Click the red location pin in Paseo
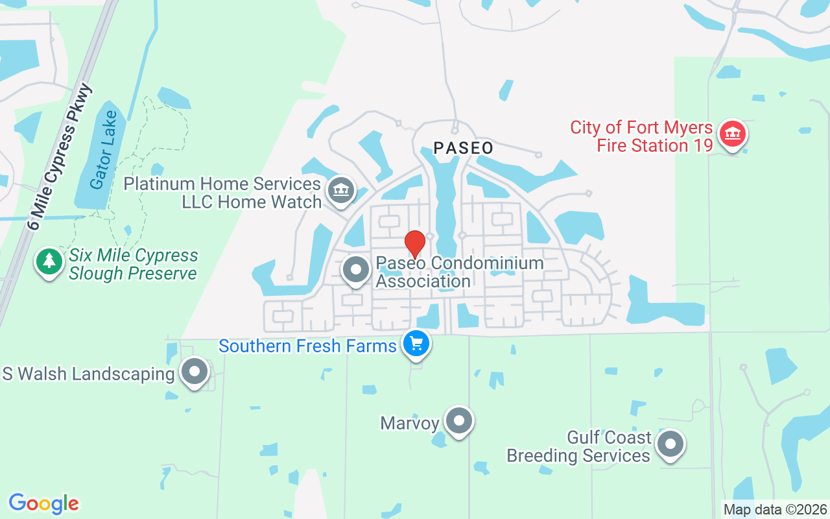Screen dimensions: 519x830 pos(415,244)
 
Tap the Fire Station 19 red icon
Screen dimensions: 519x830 pos(733,134)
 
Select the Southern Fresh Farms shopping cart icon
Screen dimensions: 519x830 pos(416,343)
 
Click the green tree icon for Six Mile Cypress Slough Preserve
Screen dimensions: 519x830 pos(49,262)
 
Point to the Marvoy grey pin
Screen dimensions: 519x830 pos(459,420)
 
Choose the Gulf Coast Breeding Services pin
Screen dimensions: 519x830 pos(670,445)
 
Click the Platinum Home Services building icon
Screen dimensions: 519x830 pos(340,190)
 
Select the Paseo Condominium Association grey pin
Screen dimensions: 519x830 pos(355,270)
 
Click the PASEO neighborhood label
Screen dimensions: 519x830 pos(463,148)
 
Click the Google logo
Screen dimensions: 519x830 pos(43,503)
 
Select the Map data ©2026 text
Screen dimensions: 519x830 pos(776,510)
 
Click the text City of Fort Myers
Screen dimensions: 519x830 pos(641,127)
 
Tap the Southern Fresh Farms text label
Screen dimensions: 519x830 pos(307,346)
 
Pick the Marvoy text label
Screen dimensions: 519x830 pos(410,424)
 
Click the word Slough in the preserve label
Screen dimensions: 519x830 pos(97,274)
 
